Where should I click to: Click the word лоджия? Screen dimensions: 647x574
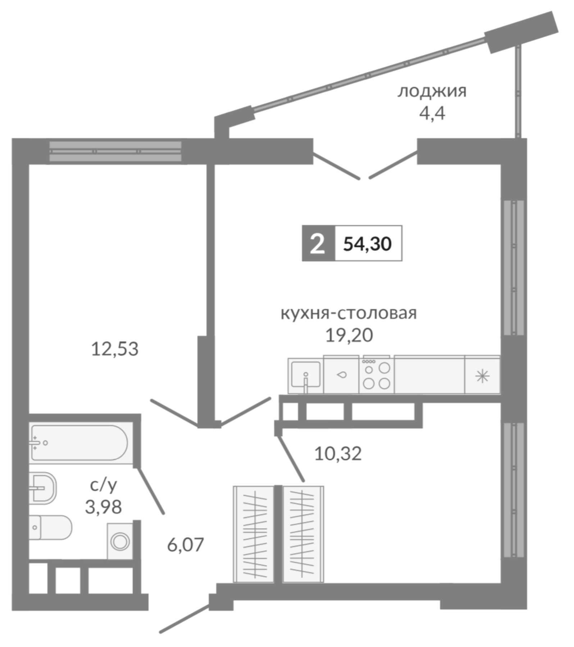(x=432, y=92)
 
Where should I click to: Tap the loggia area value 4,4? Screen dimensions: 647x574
(x=432, y=114)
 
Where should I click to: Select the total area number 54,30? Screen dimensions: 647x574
(x=367, y=244)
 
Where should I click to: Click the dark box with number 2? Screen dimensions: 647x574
(x=318, y=244)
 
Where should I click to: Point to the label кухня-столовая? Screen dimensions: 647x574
(x=348, y=313)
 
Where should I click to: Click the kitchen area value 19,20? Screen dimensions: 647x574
(x=349, y=335)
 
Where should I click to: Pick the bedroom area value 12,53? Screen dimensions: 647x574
(x=115, y=349)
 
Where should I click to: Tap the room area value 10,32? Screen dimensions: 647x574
(x=338, y=454)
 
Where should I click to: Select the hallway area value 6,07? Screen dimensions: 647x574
(x=186, y=545)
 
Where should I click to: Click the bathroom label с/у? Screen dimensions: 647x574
(x=104, y=485)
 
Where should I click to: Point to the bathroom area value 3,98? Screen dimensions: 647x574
(x=103, y=507)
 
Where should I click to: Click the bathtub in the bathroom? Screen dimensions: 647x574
(x=79, y=443)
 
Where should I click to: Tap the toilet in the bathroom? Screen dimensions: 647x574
(x=50, y=527)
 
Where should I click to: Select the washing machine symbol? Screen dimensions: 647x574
(x=120, y=541)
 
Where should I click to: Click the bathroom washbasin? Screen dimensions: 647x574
(x=43, y=488)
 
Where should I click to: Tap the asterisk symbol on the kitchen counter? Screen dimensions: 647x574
(x=482, y=376)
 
